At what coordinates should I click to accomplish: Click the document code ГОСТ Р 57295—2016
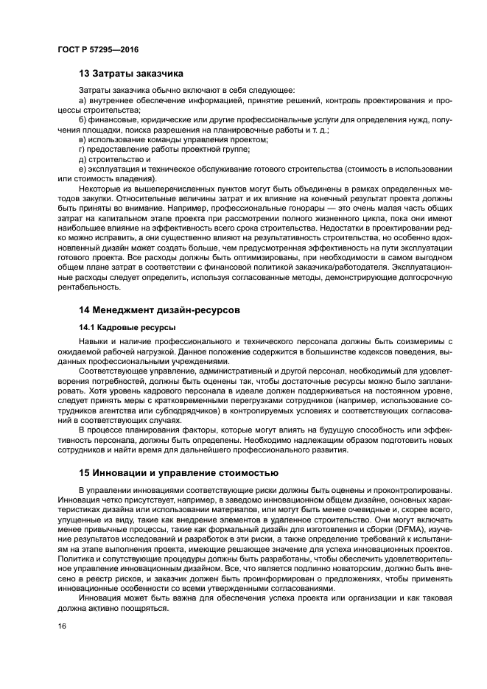(x=97, y=49)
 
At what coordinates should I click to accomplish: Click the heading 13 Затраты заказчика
(x=131, y=74)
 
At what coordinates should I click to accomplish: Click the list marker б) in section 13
(x=83, y=119)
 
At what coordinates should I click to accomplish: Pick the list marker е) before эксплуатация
(x=83, y=168)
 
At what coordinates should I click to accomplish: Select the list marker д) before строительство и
(x=83, y=158)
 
